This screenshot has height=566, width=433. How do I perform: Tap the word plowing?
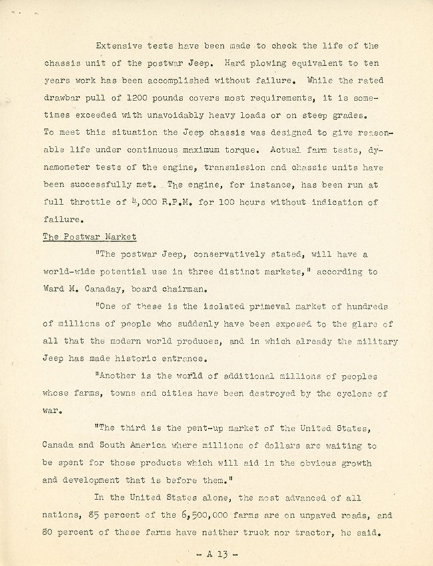coord(253,64)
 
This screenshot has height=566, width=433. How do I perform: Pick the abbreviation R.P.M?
coord(178,202)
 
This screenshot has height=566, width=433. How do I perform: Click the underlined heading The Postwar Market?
coord(89,236)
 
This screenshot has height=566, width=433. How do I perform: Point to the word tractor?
coord(324,533)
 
